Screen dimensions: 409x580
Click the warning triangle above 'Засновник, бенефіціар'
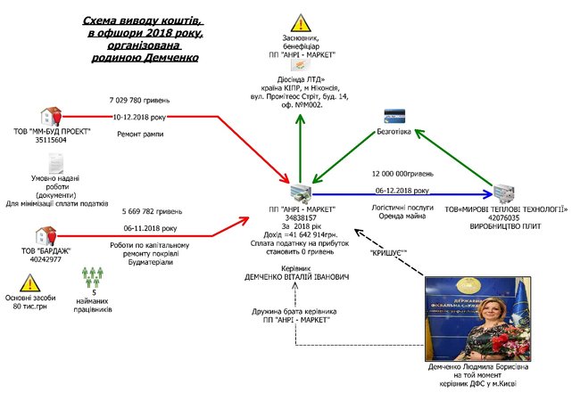[300, 22]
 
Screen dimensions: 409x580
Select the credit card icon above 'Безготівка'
[394, 117]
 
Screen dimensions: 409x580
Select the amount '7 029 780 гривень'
[139, 100]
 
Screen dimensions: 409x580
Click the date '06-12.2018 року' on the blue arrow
[401, 190]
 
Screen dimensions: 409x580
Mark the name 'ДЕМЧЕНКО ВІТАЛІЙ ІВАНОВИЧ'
[298, 277]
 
